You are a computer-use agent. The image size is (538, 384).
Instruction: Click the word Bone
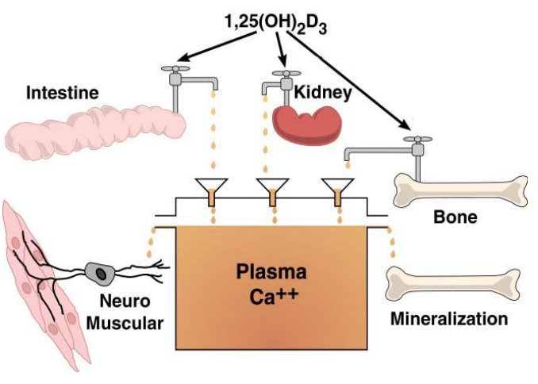click(455, 216)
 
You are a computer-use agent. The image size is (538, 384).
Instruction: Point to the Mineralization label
click(448, 320)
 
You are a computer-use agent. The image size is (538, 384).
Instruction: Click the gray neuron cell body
click(101, 273)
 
